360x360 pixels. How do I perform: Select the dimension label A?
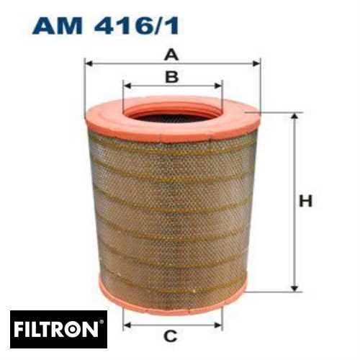pos(171,53)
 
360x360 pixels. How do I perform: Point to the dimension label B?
pos(171,76)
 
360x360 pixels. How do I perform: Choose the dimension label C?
pos(171,336)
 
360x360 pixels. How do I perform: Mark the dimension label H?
pos(306,202)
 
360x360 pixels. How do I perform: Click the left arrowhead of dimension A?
pos(88,63)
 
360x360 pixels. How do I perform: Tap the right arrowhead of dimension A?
pos(258,63)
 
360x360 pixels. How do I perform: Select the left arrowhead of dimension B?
pos(126,86)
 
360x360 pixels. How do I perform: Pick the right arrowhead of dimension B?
pos(220,86)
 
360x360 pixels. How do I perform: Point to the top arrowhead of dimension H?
pos(293,116)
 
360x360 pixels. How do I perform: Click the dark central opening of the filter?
pos(171,115)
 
